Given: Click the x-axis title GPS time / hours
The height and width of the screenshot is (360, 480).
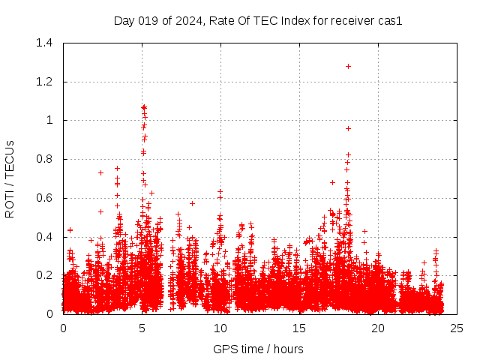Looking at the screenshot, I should [x=258, y=349].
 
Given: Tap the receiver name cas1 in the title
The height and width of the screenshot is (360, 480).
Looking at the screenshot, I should [x=390, y=21].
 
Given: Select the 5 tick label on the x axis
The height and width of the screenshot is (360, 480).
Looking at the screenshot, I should [x=142, y=328].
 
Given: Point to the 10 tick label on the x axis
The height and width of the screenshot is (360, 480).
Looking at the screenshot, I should [x=220, y=328].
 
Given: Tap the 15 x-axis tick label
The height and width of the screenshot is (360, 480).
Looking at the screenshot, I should [x=299, y=328].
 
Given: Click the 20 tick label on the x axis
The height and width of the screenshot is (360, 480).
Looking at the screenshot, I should [x=378, y=328].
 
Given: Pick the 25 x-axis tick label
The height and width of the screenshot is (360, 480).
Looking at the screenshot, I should [x=457, y=328].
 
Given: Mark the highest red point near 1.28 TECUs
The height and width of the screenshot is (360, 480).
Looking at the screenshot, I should [x=348, y=66].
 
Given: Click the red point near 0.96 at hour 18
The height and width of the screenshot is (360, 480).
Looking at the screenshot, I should [x=348, y=128].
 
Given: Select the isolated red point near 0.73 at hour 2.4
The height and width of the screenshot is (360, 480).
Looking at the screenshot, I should [x=100, y=172].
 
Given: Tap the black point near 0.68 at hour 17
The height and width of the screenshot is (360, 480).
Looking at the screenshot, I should [x=332, y=182].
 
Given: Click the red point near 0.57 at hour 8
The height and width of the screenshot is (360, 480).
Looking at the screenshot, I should [x=192, y=203].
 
